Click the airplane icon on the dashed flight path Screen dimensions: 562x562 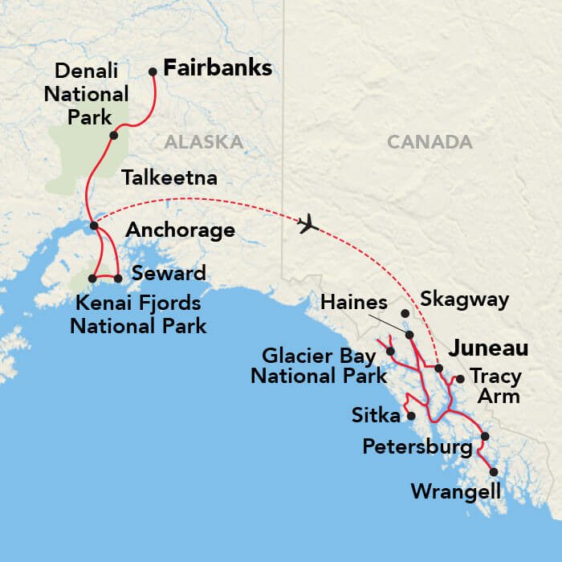pyautogui.click(x=308, y=225)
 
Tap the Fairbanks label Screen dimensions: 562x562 pyautogui.click(x=218, y=69)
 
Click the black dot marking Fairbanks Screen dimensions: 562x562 pyautogui.click(x=153, y=71)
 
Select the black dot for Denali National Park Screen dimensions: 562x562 pyautogui.click(x=114, y=135)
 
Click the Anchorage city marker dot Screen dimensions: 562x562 pyautogui.click(x=94, y=226)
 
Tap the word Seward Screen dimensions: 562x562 pyautogui.click(x=169, y=273)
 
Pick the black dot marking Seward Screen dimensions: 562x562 pyautogui.click(x=118, y=279)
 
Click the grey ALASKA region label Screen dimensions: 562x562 pyautogui.click(x=203, y=142)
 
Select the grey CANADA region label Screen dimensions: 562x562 pyautogui.click(x=430, y=142)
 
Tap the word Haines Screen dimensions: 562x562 pyautogui.click(x=354, y=303)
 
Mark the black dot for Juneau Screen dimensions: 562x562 pyautogui.click(x=438, y=368)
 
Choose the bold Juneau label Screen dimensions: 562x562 pyautogui.click(x=488, y=348)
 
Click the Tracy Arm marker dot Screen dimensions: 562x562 pyautogui.click(x=460, y=378)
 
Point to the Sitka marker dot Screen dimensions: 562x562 pyautogui.click(x=411, y=416)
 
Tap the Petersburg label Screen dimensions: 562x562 pyautogui.click(x=417, y=446)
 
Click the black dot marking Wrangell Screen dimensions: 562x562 pyautogui.click(x=494, y=472)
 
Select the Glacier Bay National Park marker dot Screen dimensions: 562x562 pyautogui.click(x=390, y=351)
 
